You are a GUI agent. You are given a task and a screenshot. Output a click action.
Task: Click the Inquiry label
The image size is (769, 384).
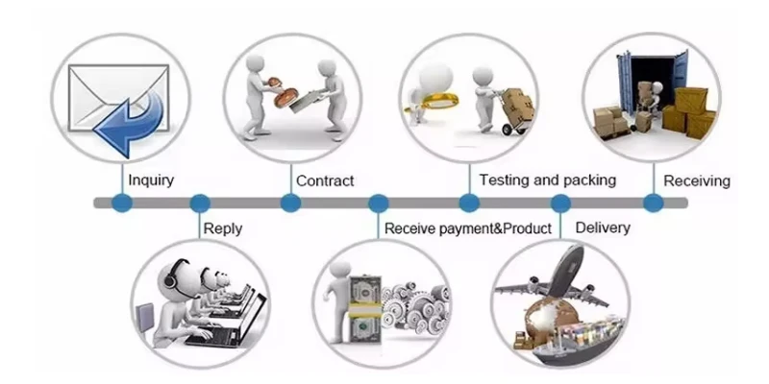pos(151,180)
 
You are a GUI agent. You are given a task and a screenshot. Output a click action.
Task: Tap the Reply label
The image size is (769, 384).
pos(223,228)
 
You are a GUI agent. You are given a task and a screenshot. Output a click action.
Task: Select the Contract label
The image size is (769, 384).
pos(325,180)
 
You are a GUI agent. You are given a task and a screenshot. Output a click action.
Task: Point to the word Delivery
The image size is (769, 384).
pos(602,228)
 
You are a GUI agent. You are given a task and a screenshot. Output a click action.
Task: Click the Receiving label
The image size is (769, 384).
pos(698,180)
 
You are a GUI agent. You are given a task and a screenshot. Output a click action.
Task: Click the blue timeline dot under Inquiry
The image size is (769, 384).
pos(121,203)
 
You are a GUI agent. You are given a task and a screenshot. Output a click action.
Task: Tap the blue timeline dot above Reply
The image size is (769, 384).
pos(200,203)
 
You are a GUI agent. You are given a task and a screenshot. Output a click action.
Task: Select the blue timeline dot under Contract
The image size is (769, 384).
pos(290,203)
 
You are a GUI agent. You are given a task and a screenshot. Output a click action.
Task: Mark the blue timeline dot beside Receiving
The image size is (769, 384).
pos(653,203)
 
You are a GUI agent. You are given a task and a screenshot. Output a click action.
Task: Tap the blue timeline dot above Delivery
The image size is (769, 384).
pos(560,203)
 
